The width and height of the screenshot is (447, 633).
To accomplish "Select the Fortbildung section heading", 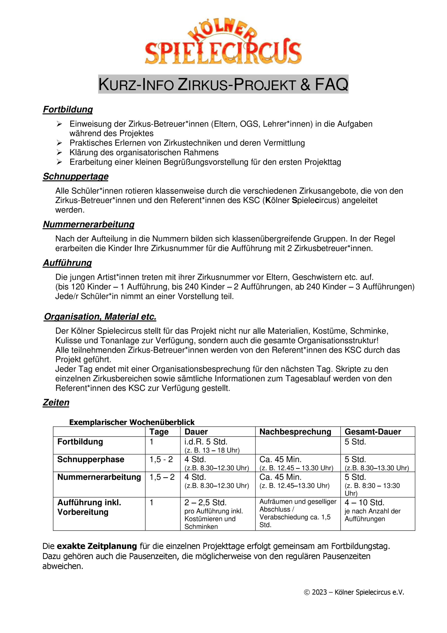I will coord(68,110).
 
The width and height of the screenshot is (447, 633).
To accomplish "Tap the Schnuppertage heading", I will coord(76,177).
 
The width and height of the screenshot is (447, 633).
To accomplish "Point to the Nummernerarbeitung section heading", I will coord(89,225).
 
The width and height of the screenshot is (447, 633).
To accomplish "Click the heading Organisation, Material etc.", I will coord(100,317).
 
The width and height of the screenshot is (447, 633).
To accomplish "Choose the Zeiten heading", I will coord(56,403).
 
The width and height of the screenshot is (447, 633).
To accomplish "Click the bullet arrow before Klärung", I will coord(59,153).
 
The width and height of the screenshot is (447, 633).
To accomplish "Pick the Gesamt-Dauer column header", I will coord(373,432).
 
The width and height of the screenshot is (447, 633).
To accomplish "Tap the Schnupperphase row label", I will coord(91,460).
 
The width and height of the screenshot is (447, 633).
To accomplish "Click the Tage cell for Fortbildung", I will coord(152,442).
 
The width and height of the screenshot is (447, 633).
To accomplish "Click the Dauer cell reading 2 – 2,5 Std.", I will coord(205,503).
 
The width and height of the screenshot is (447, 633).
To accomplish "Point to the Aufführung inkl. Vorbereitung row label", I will coord(89,507).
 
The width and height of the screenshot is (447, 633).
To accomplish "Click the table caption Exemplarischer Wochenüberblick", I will coord(132,422).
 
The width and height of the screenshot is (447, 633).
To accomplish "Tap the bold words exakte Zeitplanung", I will coord(97,546).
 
